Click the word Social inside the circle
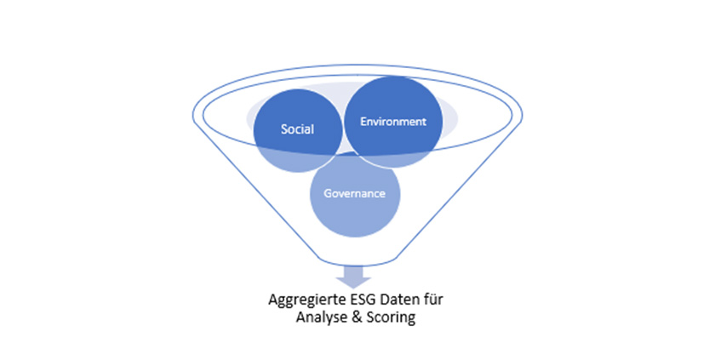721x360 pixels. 298,130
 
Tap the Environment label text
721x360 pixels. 392,122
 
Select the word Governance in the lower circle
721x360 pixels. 354,193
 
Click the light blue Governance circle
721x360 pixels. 354,213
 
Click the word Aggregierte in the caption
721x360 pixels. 300,300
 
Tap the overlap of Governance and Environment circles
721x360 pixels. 375,162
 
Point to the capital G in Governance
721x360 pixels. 328,193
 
